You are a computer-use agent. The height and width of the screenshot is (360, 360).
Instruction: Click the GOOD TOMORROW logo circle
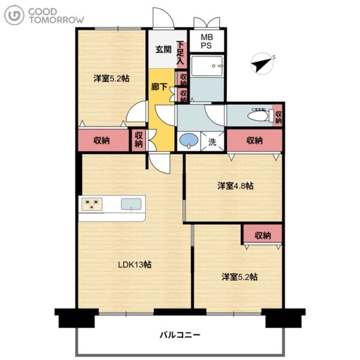click(x=14, y=15)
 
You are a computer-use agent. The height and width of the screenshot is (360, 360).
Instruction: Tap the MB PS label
click(x=206, y=41)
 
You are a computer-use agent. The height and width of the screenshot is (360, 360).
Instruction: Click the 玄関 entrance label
click(x=163, y=49)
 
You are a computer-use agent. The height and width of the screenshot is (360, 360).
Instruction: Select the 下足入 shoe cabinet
click(x=181, y=55)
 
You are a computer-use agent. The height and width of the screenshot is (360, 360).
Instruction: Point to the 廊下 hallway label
click(x=159, y=86)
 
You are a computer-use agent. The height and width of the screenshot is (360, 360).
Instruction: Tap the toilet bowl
click(x=258, y=115)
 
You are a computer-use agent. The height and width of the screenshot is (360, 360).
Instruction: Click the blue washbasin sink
click(x=188, y=140)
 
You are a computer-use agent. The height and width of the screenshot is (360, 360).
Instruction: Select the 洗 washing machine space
click(x=212, y=142)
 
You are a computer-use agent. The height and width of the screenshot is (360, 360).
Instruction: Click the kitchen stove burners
click(x=92, y=204)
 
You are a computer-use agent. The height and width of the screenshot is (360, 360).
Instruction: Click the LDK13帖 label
click(x=134, y=265)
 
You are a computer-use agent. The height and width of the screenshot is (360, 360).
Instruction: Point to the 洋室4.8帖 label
click(x=235, y=186)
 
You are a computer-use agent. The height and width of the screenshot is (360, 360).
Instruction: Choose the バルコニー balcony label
click(x=180, y=335)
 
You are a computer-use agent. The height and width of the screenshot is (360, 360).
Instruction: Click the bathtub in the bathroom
click(x=207, y=66)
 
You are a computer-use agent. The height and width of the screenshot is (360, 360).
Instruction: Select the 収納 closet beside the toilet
click(x=277, y=116)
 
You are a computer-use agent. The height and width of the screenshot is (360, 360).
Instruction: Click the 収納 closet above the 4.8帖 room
click(x=254, y=140)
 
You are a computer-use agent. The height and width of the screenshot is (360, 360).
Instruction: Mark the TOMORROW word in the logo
click(x=56, y=20)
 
